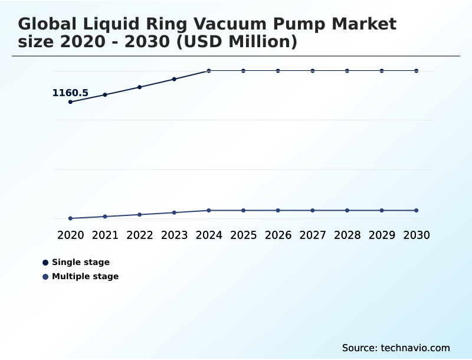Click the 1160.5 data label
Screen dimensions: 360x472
[x=70, y=93]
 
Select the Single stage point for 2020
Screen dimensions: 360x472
[x=71, y=102]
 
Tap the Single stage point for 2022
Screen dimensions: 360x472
[x=140, y=87]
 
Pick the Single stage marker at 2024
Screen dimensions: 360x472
[x=209, y=71]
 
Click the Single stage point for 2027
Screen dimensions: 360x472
[x=313, y=71]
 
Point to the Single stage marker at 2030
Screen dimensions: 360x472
[x=417, y=71]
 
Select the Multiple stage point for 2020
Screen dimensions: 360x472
[x=71, y=218]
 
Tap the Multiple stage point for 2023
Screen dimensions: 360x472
[x=174, y=212]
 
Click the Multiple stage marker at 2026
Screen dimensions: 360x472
[x=278, y=210]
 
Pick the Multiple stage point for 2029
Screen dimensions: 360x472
[x=382, y=210]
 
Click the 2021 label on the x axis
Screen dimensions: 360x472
[x=105, y=235]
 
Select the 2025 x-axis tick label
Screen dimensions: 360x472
[x=243, y=235]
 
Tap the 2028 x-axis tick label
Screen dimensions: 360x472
[x=347, y=235]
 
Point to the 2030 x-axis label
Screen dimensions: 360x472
[x=417, y=235]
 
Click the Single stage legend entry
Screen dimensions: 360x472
[x=80, y=262]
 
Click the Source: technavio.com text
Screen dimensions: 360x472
[x=396, y=348]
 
